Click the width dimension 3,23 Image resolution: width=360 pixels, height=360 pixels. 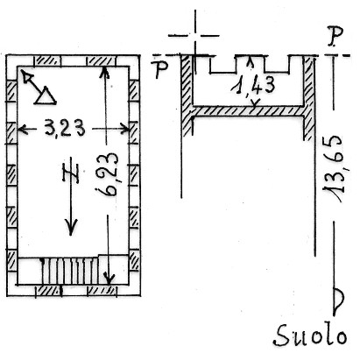coord(65,128)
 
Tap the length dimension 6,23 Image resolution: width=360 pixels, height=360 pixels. coord(108,174)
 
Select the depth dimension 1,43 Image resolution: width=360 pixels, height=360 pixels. coord(253,86)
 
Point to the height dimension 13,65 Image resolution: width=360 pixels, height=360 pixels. coord(333,168)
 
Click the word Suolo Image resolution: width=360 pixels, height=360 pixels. coord(311,335)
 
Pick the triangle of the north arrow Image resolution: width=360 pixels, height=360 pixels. coord(46,95)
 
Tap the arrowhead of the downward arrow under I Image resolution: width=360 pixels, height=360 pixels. coord(71,227)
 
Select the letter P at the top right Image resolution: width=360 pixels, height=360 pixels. coord(335,37)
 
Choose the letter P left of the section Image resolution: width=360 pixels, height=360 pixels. coord(161,70)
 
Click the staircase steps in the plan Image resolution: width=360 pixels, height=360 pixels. coord(69,271)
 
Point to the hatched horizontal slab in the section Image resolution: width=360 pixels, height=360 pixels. coord(248,111)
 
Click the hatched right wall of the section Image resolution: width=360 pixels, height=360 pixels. coord(309,98)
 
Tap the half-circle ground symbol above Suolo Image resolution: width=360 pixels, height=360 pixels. coord(339,300)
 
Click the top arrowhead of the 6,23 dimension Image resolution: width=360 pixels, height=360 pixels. coord(104,73)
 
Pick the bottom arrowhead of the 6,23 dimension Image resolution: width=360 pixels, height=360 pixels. coord(109,279)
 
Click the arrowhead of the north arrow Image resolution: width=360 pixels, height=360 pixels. coord(27,77)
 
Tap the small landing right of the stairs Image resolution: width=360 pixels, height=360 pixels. coord(113,269)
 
